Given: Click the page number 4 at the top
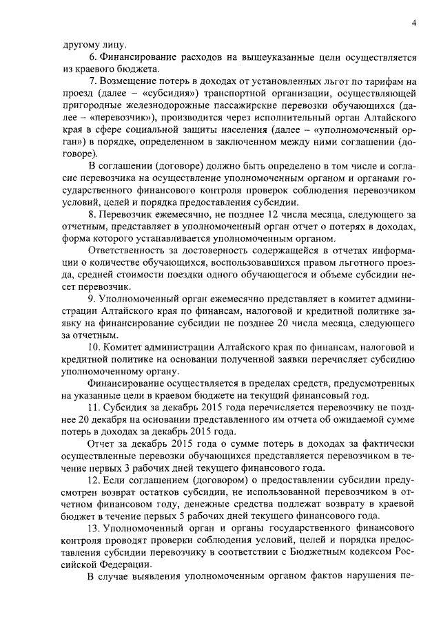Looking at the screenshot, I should [415, 22].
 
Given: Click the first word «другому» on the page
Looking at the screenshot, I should [79, 46].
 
